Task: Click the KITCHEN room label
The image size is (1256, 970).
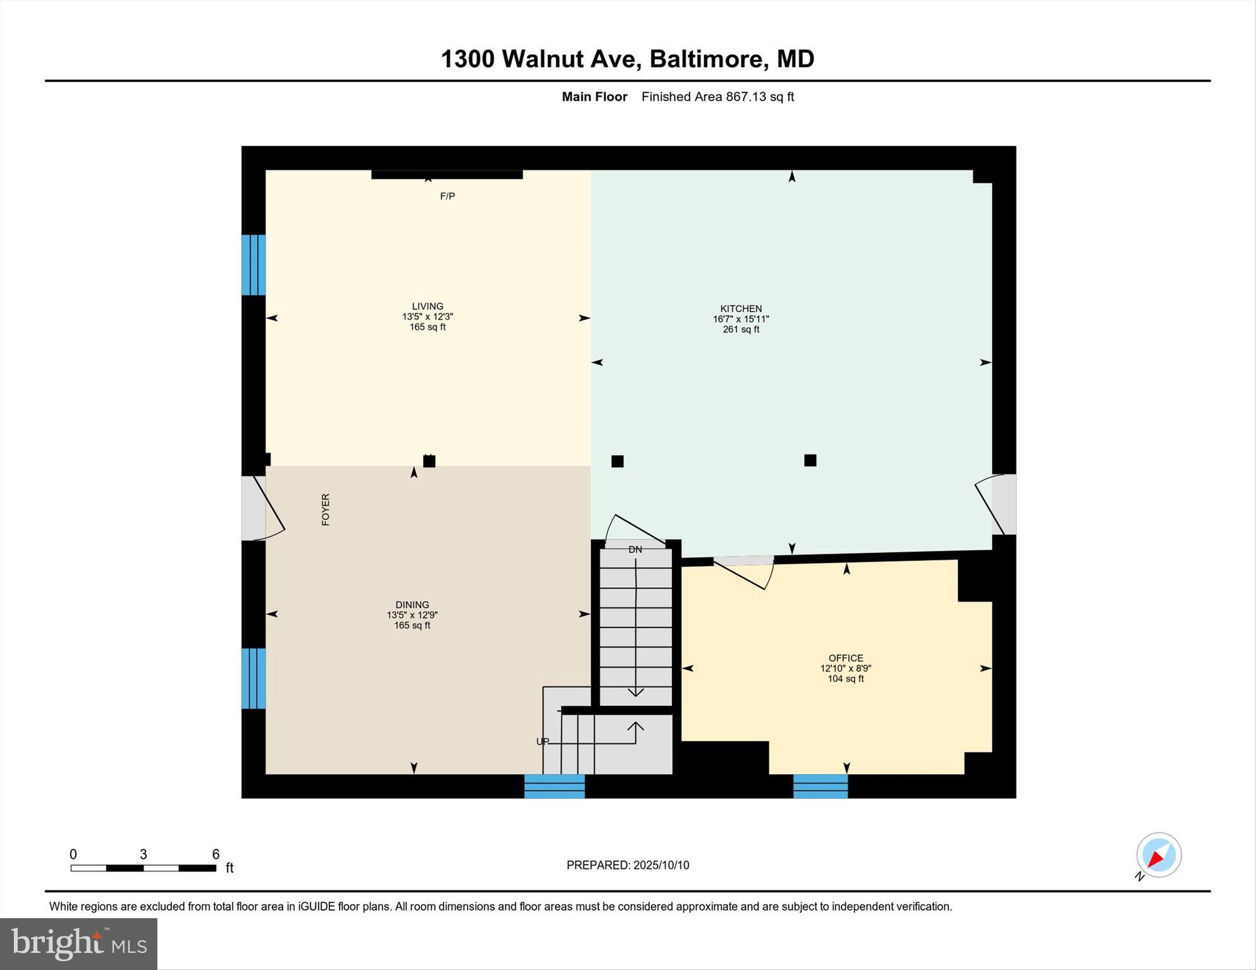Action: [x=741, y=309]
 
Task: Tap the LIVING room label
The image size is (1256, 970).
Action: [x=427, y=306]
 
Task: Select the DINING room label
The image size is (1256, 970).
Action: [x=412, y=605]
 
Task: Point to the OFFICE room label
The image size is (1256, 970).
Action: [x=845, y=658]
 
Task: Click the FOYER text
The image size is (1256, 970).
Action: [x=326, y=509]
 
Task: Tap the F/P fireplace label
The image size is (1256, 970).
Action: [x=448, y=197]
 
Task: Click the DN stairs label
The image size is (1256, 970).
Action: [x=635, y=550]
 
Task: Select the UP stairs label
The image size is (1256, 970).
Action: [x=542, y=741]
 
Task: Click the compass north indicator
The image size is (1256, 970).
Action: [x=1159, y=855]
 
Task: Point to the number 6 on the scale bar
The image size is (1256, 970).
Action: [x=216, y=854]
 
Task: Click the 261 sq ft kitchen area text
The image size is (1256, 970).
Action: [x=741, y=329]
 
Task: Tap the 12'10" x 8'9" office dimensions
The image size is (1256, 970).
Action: [x=845, y=669]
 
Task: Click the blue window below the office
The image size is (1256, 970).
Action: [x=820, y=786]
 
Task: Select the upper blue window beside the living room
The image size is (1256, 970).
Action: [x=253, y=265]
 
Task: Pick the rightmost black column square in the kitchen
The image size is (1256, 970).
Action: [x=810, y=460]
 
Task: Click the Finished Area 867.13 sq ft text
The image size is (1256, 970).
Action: [x=717, y=97]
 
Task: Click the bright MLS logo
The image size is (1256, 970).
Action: [x=78, y=943]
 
